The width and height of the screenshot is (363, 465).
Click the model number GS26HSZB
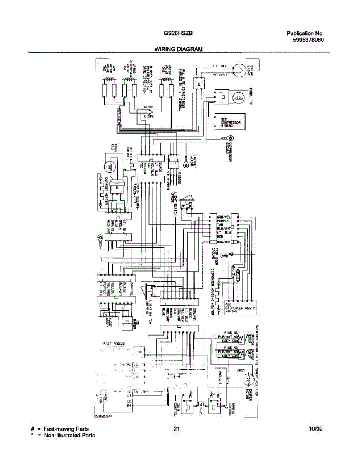176,33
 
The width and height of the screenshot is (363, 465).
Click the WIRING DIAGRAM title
179,49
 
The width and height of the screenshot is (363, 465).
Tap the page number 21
177,429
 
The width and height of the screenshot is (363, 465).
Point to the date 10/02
316,429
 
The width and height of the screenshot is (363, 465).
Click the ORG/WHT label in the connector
224,242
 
